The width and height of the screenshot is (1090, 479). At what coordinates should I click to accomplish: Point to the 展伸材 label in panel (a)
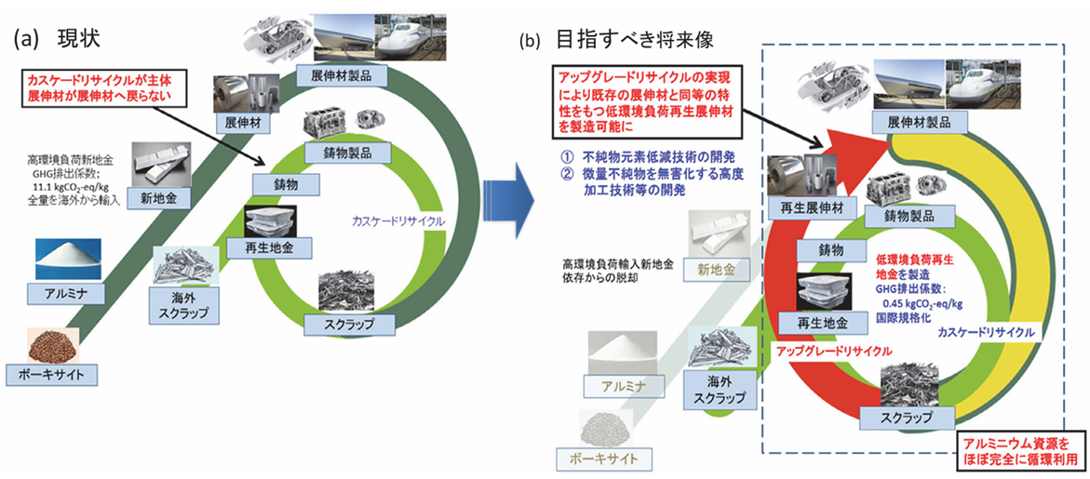tap(238, 122)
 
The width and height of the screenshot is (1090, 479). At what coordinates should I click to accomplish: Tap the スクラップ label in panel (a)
tap(351, 324)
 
